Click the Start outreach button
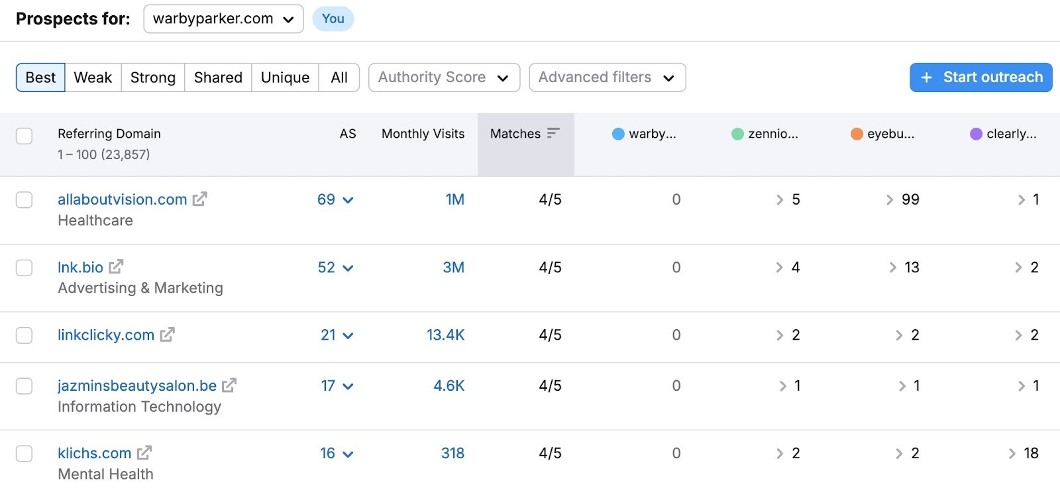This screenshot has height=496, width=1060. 980,77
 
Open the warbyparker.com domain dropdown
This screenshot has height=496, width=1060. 223,19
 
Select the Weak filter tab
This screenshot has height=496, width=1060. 93,77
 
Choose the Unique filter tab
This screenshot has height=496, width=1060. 285,77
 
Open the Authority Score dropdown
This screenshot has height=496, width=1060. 444,77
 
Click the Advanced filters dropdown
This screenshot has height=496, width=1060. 607,77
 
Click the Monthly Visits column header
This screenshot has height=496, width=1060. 423,134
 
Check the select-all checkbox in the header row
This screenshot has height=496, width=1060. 25,136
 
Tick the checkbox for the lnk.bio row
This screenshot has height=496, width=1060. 25,268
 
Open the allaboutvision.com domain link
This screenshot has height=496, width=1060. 122,199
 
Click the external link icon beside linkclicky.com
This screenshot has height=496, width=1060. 168,335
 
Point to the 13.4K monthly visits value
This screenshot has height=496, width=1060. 445,335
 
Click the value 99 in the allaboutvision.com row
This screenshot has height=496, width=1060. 910,199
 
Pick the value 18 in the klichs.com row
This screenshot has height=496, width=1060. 1031,454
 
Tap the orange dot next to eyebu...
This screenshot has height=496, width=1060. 857,134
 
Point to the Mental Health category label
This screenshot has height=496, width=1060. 105,474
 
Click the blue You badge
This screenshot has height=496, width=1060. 333,19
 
